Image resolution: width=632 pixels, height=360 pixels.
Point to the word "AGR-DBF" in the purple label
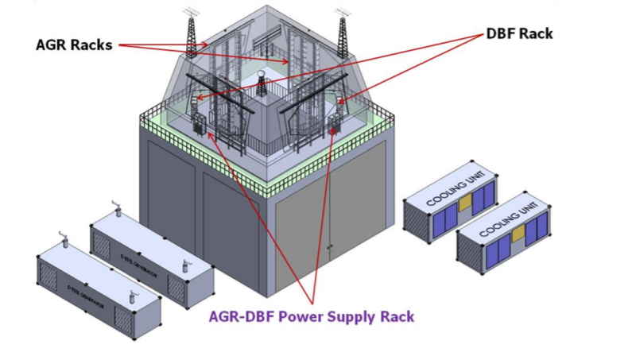click(x=246, y=316)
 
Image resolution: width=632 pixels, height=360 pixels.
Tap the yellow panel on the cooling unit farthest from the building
click(x=518, y=234)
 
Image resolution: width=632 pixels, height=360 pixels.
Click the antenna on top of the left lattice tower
click(x=189, y=11)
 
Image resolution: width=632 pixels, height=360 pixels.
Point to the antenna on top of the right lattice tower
click(x=343, y=12)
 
